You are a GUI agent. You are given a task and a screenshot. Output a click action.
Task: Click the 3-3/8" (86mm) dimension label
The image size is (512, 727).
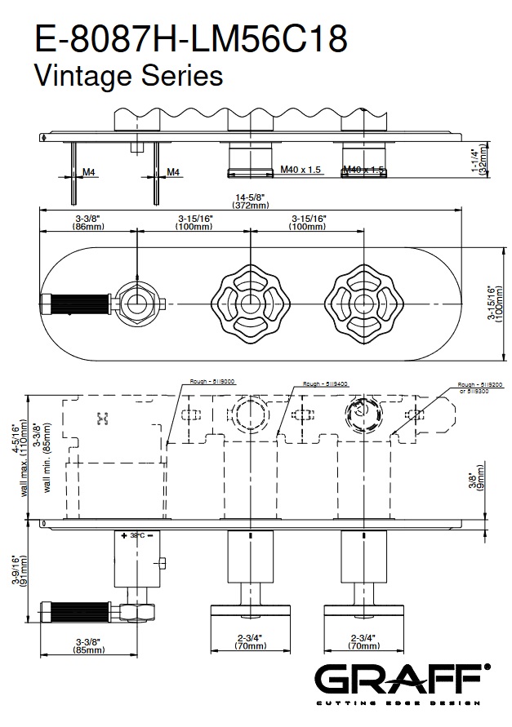(88, 223)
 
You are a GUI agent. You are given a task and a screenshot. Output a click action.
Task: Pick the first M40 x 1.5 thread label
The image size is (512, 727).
(301, 170)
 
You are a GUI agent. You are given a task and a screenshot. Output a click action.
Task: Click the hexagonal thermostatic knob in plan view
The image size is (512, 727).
(136, 304)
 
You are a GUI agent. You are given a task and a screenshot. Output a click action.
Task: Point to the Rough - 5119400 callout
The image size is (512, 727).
(325, 383)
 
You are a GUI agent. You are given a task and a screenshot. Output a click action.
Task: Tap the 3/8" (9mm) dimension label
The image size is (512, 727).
(482, 481)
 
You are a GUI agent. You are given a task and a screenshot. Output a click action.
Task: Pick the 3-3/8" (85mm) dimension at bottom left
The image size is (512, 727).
(88, 646)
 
